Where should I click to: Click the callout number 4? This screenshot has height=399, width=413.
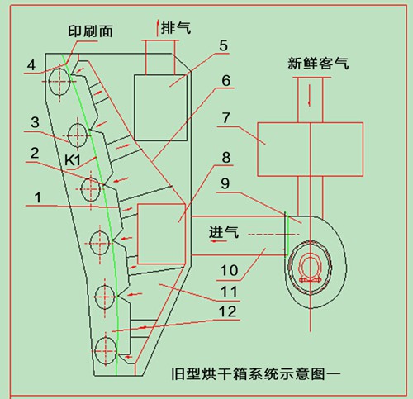point(31,64)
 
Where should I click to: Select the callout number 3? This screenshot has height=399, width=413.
point(35,122)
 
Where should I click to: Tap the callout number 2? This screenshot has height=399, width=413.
point(35,153)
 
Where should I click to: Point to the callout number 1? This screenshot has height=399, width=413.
point(36,199)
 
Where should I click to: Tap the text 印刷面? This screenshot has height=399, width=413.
point(91,31)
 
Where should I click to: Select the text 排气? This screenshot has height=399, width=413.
point(177,27)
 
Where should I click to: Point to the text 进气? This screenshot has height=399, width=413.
point(225,234)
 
